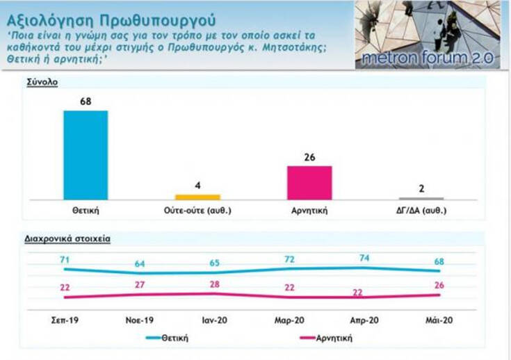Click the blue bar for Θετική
pos(86,154)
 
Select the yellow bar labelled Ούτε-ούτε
pos(197,197)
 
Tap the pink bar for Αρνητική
pos(309,182)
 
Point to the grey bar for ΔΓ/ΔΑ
pos(421,198)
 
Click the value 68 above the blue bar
pos(86,101)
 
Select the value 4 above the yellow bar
pos(197,186)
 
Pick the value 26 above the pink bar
pos(309,157)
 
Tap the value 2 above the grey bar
pos(421,188)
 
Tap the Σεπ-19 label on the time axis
pos(65,322)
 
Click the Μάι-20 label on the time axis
pos(440,322)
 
